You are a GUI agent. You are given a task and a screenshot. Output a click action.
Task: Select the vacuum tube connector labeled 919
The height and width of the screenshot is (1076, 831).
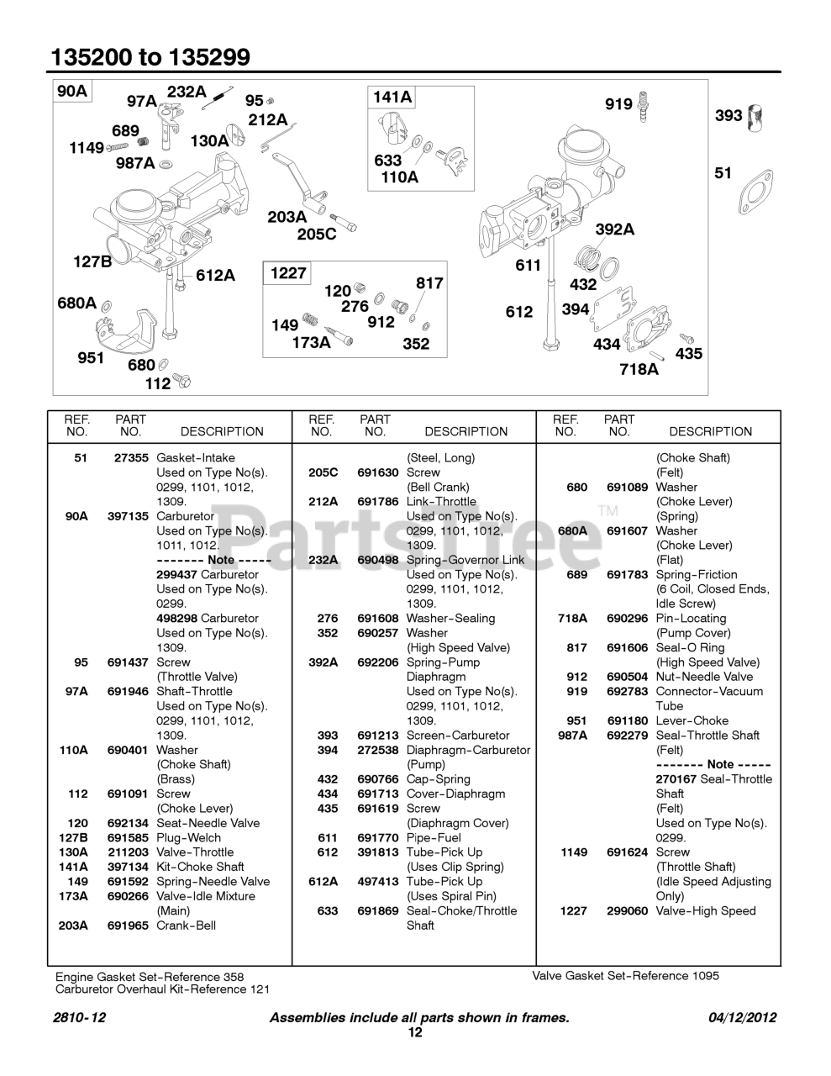pos(644,106)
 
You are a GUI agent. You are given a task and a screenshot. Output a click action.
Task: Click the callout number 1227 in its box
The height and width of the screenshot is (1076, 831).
pos(288,273)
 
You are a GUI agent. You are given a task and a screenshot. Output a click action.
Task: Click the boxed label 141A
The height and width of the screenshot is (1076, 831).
pos(392,98)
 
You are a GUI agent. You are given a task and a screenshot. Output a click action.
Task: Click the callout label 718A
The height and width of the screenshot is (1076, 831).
pos(639,368)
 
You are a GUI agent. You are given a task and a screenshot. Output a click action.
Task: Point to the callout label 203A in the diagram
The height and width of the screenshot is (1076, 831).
pos(287,217)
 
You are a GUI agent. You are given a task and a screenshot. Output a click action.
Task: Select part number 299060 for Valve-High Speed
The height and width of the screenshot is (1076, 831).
pos(627,910)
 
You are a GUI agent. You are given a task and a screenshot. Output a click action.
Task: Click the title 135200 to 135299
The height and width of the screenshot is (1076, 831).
pos(150,57)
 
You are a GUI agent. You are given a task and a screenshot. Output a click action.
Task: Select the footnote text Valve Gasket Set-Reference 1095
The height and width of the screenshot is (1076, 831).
pos(625,976)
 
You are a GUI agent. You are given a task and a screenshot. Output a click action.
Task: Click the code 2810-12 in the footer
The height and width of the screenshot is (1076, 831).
pos(79,1017)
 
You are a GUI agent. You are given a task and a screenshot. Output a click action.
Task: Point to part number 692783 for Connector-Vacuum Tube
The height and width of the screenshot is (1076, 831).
pos(627,691)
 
